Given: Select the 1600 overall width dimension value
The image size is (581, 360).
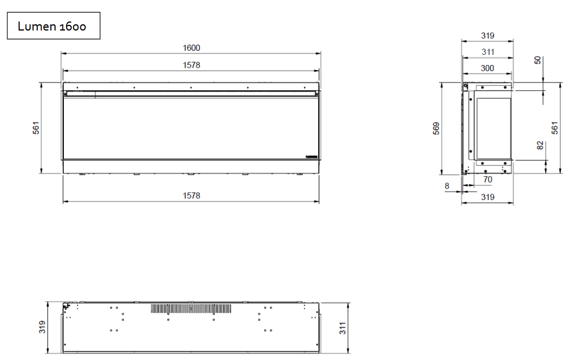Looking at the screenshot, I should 191,48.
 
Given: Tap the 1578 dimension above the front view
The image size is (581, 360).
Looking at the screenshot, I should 191,65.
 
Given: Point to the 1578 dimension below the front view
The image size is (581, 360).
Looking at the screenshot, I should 191,196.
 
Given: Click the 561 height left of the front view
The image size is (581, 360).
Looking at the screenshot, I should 36,129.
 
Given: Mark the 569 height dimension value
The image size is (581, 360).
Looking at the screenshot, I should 436,128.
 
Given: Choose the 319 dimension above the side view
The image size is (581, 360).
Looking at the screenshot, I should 487,36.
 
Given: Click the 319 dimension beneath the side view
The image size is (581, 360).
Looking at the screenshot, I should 487,197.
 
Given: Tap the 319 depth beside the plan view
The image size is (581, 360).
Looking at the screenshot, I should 42,327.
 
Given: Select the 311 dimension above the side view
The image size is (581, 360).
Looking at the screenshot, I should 487,52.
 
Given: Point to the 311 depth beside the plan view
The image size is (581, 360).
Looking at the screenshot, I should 343,327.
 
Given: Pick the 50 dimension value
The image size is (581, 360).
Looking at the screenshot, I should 537,60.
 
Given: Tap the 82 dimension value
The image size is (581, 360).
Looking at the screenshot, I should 540,145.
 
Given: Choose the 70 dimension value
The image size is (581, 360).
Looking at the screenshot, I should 487,180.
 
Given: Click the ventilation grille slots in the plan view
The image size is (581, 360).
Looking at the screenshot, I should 191,309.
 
